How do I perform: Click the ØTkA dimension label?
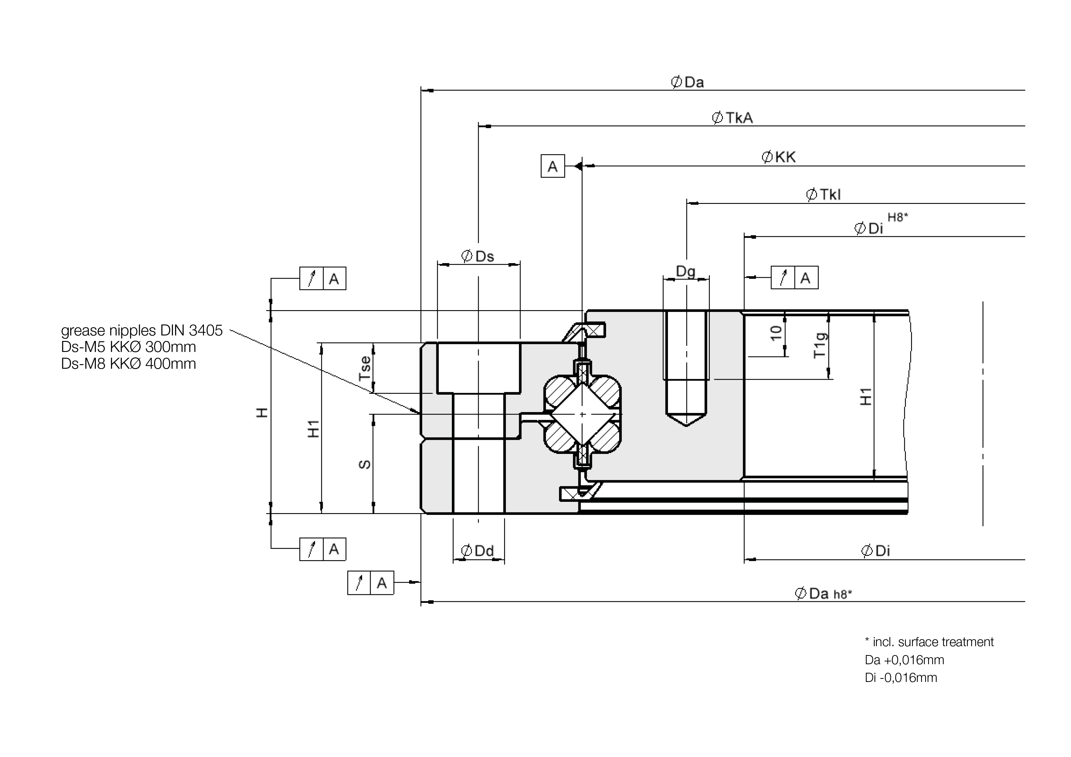pyautogui.click(x=732, y=118)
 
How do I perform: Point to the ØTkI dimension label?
pyautogui.click(x=823, y=194)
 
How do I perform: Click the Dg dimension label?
pyautogui.click(x=686, y=271)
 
